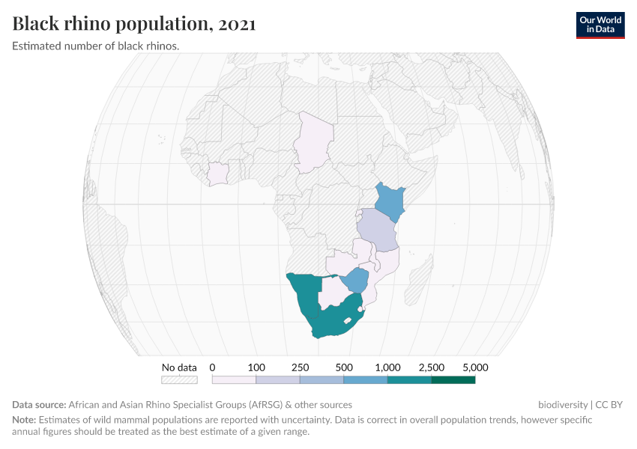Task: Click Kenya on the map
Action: (x=389, y=200)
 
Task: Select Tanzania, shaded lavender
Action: (x=376, y=230)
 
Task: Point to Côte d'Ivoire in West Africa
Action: (x=218, y=173)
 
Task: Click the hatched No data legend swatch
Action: (x=180, y=379)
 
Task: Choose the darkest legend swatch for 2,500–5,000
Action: (x=453, y=379)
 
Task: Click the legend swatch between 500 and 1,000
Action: (x=366, y=379)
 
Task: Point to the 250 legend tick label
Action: (x=301, y=367)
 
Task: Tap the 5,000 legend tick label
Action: (x=475, y=367)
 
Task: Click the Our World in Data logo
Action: (x=600, y=25)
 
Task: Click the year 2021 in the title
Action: (x=237, y=24)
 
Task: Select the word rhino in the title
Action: (x=82, y=24)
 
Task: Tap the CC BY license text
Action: (x=609, y=405)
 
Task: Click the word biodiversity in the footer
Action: (x=563, y=405)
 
